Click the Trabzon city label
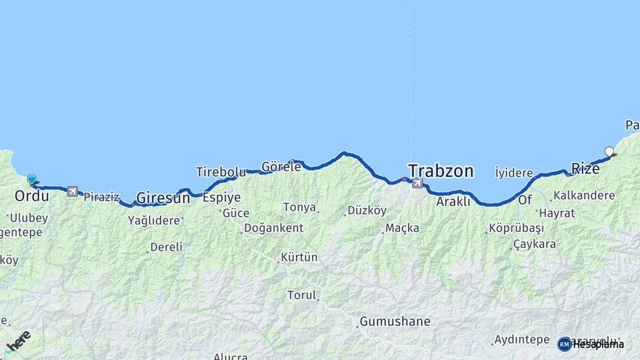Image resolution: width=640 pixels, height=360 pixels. pyautogui.click(x=441, y=171)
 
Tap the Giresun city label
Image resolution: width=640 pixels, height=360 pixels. pyautogui.click(x=163, y=198)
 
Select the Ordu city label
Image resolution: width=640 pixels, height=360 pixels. pyautogui.click(x=31, y=196)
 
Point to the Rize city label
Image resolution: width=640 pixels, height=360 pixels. pyautogui.click(x=585, y=169)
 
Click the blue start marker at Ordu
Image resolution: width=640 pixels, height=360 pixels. pyautogui.click(x=31, y=179)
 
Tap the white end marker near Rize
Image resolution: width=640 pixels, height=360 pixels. pyautogui.click(x=609, y=151)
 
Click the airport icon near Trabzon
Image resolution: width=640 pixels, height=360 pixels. pyautogui.click(x=417, y=183)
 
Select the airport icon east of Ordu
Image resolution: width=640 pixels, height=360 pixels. pyautogui.click(x=72, y=191)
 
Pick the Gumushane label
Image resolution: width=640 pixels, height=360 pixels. pyautogui.click(x=395, y=322)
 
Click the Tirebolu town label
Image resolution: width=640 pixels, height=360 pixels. pyautogui.click(x=221, y=172)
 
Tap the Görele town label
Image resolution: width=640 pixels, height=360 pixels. pyautogui.click(x=281, y=167)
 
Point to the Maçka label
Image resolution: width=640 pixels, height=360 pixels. pyautogui.click(x=402, y=228)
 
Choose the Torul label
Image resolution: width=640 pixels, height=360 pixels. pyautogui.click(x=301, y=295)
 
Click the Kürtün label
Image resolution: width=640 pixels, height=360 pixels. pyautogui.click(x=299, y=257)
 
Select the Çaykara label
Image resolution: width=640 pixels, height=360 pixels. pyautogui.click(x=534, y=244)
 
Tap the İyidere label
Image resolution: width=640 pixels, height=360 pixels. pyautogui.click(x=514, y=173)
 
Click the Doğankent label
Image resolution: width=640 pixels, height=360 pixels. pyautogui.click(x=273, y=228)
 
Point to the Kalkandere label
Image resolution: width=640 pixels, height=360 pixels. pyautogui.click(x=583, y=196)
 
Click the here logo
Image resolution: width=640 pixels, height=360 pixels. pyautogui.click(x=18, y=341)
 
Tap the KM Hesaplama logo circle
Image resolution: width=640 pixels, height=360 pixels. pyautogui.click(x=565, y=344)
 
